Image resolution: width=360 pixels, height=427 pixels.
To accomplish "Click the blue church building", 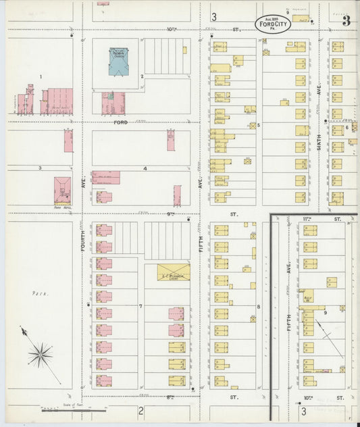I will (120, 62).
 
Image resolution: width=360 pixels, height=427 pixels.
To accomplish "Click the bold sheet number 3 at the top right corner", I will (346, 20).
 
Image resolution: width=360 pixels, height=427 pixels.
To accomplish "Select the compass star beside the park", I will (41, 353).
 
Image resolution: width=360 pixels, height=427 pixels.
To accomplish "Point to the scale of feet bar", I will (74, 409).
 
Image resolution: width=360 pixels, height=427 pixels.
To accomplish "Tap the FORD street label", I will (121, 122).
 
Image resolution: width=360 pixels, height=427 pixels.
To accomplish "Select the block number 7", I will (140, 307).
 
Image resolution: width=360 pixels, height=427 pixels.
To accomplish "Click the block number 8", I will (258, 307).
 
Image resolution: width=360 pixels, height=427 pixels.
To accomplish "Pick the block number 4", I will (145, 168).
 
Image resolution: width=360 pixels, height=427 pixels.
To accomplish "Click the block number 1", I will (41, 76).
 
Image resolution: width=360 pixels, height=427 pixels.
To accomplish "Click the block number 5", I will (258, 125).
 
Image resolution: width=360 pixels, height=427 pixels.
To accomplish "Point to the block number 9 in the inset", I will (324, 311).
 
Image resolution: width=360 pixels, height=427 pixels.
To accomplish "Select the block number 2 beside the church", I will (142, 76).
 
